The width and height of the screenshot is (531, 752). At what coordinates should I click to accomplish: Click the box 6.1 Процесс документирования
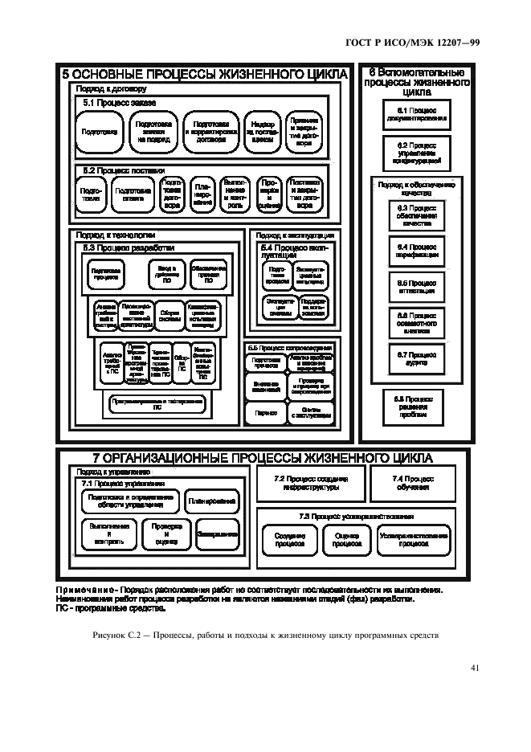415,114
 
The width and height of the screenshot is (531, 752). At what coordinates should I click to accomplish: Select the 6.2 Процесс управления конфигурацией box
415,152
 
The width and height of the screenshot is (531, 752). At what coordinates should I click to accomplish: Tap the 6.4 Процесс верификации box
415,250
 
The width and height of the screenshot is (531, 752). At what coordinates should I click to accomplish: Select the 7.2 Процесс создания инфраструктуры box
306,482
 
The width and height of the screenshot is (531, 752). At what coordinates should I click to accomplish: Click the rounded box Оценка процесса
341,538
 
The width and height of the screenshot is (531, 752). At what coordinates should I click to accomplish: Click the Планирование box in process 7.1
211,501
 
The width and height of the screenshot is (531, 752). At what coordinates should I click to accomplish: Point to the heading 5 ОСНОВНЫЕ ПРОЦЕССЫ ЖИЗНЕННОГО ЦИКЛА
205,74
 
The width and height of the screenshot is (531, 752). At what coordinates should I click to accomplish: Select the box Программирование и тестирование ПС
157,403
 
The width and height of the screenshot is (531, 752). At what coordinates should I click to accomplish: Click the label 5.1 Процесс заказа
120,104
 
